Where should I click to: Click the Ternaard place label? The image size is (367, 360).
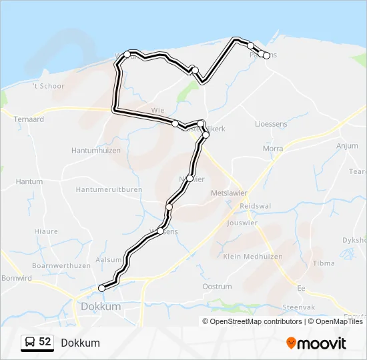point(29,119)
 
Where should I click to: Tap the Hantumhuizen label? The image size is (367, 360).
point(96,151)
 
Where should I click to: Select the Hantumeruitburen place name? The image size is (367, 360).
point(109,190)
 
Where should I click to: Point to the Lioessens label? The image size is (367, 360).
point(272,124)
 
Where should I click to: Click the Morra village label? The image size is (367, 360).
point(273,149)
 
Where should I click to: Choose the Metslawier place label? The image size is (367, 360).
point(229,193)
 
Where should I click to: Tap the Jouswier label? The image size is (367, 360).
point(242,223)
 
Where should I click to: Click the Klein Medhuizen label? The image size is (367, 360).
point(253,256)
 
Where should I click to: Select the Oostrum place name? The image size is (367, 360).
point(217,287)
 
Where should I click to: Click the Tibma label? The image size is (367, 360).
point(324,263)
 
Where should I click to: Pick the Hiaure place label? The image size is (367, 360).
point(45,231)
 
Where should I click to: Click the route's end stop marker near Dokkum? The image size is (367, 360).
point(101,288)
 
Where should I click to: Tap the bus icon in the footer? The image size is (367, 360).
point(29,343)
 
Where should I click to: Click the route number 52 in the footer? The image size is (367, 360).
point(45,342)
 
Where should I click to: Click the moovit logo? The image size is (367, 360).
point(316,343)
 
